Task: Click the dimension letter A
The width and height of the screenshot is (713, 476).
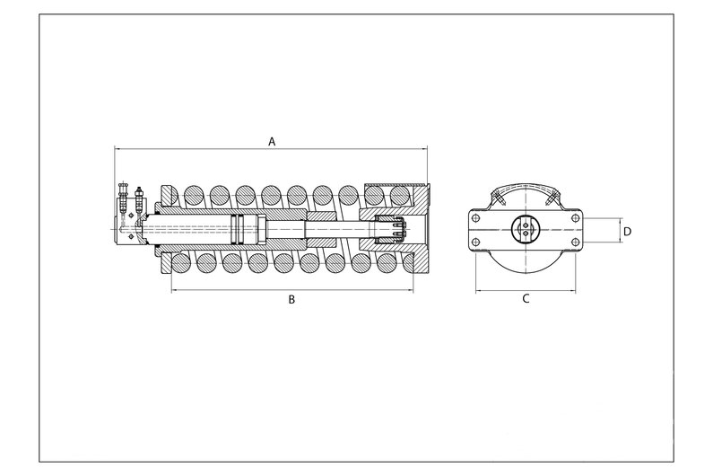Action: [272, 142]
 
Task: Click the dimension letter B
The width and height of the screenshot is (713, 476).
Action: [292, 299]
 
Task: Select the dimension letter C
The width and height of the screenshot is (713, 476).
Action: [526, 299]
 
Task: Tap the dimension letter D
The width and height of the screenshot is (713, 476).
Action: [627, 232]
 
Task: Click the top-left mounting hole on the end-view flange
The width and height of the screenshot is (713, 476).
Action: [475, 217]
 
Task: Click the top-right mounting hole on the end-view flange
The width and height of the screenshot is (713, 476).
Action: [575, 217]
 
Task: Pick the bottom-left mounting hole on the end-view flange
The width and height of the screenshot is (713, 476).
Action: [475, 242]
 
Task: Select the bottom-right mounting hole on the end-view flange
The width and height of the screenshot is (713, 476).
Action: [575, 242]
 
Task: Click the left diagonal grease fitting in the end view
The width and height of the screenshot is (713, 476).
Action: [500, 199]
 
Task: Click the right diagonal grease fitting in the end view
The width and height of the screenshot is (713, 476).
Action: [551, 199]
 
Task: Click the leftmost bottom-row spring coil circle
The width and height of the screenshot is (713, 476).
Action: [181, 263]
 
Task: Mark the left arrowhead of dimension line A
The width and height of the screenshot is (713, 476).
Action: [117, 148]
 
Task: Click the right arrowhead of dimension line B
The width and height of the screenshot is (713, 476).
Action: [411, 290]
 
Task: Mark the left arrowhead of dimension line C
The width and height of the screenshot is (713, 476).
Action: [478, 291]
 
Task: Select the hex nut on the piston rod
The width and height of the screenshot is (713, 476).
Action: [262, 229]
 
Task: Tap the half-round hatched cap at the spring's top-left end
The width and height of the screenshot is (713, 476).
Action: [170, 196]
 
